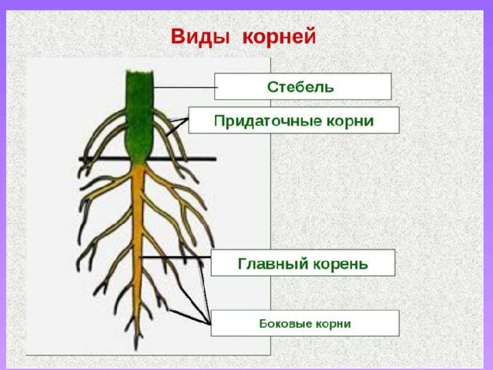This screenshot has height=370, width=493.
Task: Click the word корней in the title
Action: (x=279, y=37)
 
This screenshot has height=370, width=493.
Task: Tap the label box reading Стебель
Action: (x=303, y=86)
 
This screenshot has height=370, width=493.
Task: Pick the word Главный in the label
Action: (x=273, y=264)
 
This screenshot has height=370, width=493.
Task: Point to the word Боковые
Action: (x=285, y=324)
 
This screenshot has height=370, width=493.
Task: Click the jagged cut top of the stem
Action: (x=139, y=72)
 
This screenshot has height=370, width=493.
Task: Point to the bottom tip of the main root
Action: (x=136, y=350)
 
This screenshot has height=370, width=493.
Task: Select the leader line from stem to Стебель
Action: (x=185, y=87)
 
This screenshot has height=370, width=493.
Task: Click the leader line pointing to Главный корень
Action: (x=175, y=257)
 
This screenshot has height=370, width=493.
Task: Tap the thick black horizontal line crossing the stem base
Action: (x=148, y=159)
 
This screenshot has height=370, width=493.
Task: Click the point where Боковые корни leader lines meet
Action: (x=210, y=324)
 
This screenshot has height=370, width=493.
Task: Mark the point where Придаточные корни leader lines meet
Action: (x=188, y=119)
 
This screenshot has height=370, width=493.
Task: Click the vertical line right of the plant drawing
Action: (x=270, y=206)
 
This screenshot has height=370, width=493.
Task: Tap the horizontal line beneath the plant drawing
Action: (x=149, y=355)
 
